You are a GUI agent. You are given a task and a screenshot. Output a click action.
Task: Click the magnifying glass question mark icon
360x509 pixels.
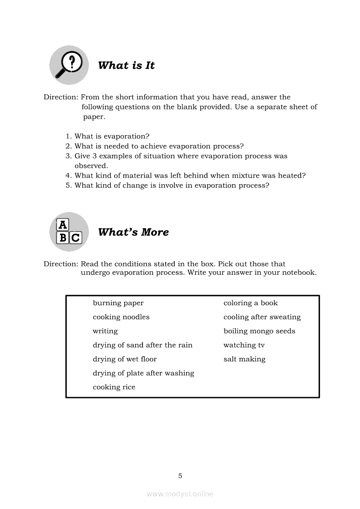(69, 65)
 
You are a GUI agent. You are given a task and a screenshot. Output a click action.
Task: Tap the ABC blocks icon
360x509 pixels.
(69, 232)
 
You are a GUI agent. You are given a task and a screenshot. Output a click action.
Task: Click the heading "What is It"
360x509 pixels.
(126, 65)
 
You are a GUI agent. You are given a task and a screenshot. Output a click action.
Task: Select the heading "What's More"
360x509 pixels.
(133, 232)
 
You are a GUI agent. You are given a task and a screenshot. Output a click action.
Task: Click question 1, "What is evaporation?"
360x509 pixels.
(112, 136)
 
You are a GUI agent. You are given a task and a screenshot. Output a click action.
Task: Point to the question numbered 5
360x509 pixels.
(172, 185)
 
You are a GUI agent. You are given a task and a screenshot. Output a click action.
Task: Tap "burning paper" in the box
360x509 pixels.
(118, 303)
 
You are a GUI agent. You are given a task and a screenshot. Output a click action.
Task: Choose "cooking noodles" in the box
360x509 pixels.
(121, 317)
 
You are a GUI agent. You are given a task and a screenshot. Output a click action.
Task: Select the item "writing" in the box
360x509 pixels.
(105, 331)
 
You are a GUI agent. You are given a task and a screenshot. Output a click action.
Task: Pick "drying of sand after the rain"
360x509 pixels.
(143, 345)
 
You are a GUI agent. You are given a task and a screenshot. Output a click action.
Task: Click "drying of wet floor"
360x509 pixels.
(125, 359)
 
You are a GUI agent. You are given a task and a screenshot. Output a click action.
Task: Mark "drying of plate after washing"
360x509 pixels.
(143, 373)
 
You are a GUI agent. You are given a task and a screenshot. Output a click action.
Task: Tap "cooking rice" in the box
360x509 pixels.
(114, 387)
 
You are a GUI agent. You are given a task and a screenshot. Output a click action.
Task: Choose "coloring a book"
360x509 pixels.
(251, 303)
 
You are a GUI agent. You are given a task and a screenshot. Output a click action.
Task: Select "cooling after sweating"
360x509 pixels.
(262, 317)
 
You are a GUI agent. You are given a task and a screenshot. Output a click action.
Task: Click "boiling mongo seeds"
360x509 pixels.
(259, 331)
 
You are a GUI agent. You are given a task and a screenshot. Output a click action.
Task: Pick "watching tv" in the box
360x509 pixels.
(244, 345)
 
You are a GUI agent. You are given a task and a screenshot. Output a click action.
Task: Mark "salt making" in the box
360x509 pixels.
(245, 359)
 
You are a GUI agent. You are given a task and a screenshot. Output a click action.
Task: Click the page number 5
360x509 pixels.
(180, 476)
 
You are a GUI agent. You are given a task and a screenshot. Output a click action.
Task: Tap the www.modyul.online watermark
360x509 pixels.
(180, 494)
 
